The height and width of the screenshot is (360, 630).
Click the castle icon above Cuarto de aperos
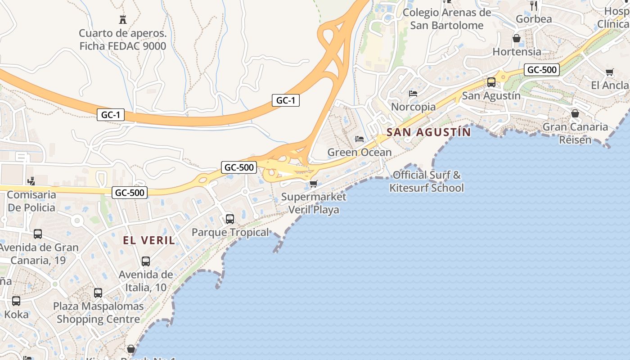[x=122, y=19]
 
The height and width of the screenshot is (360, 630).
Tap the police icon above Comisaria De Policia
[x=31, y=181]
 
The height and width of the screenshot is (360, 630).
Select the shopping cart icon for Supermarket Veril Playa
[x=314, y=184]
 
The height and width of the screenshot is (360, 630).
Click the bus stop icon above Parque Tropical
[x=230, y=219]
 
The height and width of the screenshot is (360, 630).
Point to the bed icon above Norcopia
[x=413, y=94]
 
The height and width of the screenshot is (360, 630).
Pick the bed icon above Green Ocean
[x=360, y=139]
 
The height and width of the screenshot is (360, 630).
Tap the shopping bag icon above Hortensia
[x=517, y=38]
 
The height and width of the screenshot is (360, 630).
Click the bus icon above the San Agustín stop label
[x=491, y=82]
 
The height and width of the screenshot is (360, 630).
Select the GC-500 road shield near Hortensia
[x=542, y=70]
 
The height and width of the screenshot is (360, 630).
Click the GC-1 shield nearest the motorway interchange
[x=286, y=100]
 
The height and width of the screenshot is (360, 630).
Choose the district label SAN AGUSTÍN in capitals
[x=428, y=132]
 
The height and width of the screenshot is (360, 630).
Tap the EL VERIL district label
[x=149, y=240]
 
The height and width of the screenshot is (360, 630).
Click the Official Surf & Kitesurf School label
[x=427, y=181]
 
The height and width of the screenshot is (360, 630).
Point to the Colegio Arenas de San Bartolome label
[x=447, y=19]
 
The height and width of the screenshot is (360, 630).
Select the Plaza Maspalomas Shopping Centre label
[x=99, y=313]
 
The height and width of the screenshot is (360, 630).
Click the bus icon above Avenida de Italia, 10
[x=146, y=261]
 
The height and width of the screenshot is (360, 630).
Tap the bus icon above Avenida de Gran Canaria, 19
[x=38, y=234]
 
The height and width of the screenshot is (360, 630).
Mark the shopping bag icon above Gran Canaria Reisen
[x=575, y=113]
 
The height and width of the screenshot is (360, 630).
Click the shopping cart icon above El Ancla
[x=610, y=72]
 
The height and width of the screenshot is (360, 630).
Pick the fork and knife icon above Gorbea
[x=534, y=6]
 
